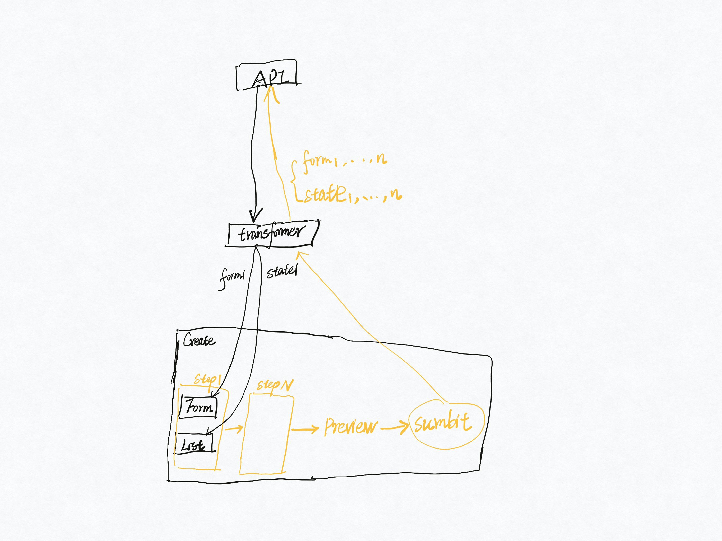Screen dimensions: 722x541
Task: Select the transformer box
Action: [x=271, y=233]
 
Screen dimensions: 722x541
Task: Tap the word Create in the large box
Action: [x=199, y=340]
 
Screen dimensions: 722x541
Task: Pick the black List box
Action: [x=194, y=444]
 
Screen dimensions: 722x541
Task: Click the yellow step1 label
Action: [x=207, y=379]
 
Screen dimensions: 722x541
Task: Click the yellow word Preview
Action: [x=351, y=426]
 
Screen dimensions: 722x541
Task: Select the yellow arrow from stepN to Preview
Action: [x=305, y=429]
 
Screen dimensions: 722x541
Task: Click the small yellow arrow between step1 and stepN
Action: [x=234, y=428]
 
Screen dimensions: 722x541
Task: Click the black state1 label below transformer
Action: [x=282, y=272]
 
